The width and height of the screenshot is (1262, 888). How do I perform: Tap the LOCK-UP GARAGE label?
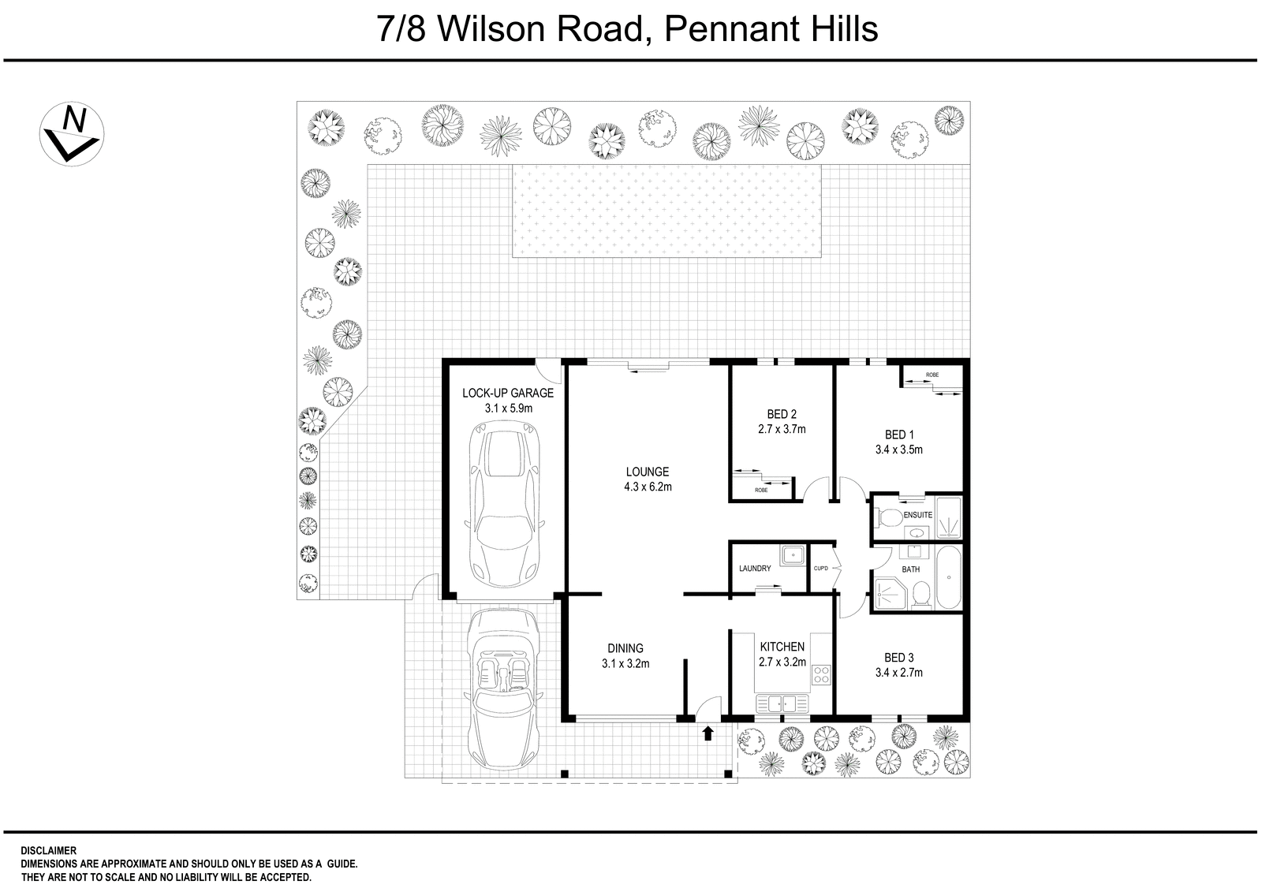tap(508, 393)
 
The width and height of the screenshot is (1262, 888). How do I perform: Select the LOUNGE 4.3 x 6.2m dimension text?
tap(647, 487)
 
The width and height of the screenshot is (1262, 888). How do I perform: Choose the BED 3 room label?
tap(898, 658)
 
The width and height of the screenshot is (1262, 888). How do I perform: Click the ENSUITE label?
tap(917, 515)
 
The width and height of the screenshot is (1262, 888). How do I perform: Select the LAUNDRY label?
tap(755, 569)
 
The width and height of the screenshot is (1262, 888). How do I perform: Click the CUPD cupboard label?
tap(820, 569)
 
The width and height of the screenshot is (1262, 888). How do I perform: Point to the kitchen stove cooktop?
tap(821, 674)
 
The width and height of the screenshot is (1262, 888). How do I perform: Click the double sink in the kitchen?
tap(782, 702)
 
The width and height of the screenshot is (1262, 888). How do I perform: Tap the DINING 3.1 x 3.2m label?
tap(625, 656)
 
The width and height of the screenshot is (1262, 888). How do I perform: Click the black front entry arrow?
tap(708, 733)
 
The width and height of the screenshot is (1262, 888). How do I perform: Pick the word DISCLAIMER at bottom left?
tap(48, 851)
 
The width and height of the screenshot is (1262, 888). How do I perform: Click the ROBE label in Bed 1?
tap(932, 374)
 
